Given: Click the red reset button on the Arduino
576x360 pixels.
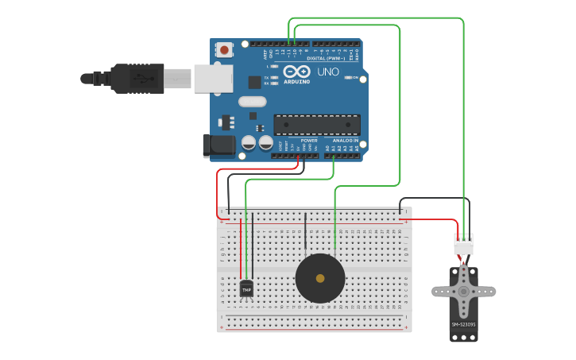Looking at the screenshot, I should coord(224,50).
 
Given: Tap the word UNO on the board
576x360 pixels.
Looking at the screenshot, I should coord(328,72).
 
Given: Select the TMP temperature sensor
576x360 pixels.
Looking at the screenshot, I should coord(246,288).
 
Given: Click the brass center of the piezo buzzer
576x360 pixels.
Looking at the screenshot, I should coord(320,278).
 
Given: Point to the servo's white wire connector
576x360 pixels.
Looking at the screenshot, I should coord(463,244).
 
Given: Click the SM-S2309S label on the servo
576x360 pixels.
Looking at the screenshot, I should coord(463,324).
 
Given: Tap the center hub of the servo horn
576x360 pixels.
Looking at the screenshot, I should coord(463,292).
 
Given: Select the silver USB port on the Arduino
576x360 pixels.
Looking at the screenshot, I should coord(213,78).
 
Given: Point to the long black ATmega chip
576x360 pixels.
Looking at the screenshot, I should coord(316,125).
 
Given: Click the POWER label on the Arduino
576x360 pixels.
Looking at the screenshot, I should coord(309,140).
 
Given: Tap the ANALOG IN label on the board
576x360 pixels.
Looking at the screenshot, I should coord(345,140).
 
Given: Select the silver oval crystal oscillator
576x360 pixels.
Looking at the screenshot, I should coord(252,101).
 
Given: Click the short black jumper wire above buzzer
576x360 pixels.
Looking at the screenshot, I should coord(304,231).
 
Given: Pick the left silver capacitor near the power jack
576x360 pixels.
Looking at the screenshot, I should coord(249,142).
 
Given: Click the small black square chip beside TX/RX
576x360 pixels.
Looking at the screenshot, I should coord(254,81).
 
